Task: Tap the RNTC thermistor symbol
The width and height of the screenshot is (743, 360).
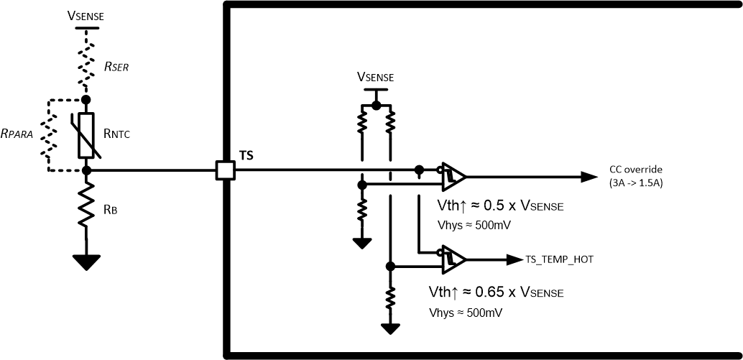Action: [86, 135]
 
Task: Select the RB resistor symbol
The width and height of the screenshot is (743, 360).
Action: [86, 205]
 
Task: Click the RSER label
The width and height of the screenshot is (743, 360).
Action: [117, 66]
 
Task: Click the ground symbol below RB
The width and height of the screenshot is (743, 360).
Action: [86, 262]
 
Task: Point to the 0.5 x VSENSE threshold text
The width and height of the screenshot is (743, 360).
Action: [500, 206]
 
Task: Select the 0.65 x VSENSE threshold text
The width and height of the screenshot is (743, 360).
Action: [496, 292]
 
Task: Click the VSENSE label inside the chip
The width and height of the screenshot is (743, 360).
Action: [376, 76]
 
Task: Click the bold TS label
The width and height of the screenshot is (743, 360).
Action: [246, 154]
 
